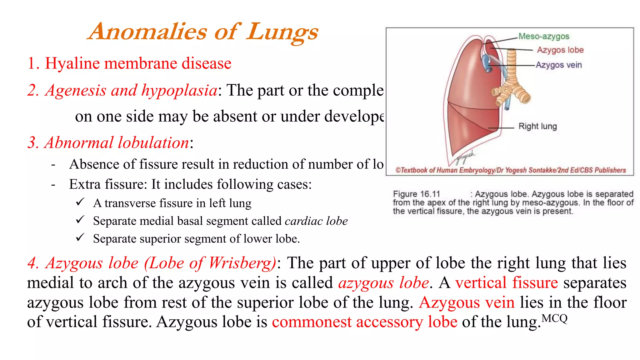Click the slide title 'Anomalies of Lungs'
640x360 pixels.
(203, 32)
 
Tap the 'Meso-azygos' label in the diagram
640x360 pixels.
(544, 36)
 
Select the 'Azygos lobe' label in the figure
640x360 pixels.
(560, 50)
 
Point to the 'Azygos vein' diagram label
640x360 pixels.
(559, 65)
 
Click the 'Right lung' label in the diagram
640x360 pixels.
(537, 126)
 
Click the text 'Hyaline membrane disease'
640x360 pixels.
(138, 63)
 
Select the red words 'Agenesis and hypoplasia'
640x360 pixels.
(131, 90)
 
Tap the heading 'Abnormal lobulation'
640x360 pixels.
(117, 142)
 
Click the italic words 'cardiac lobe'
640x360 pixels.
(316, 221)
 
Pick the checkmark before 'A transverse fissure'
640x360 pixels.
(80, 202)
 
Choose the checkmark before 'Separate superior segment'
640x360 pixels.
(80, 237)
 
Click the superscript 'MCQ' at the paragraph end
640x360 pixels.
(554, 318)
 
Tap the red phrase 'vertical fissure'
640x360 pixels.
(507, 283)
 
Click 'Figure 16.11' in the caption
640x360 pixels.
(416, 194)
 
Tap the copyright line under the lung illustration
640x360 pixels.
(511, 170)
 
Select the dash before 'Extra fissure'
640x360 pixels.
(53, 185)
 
